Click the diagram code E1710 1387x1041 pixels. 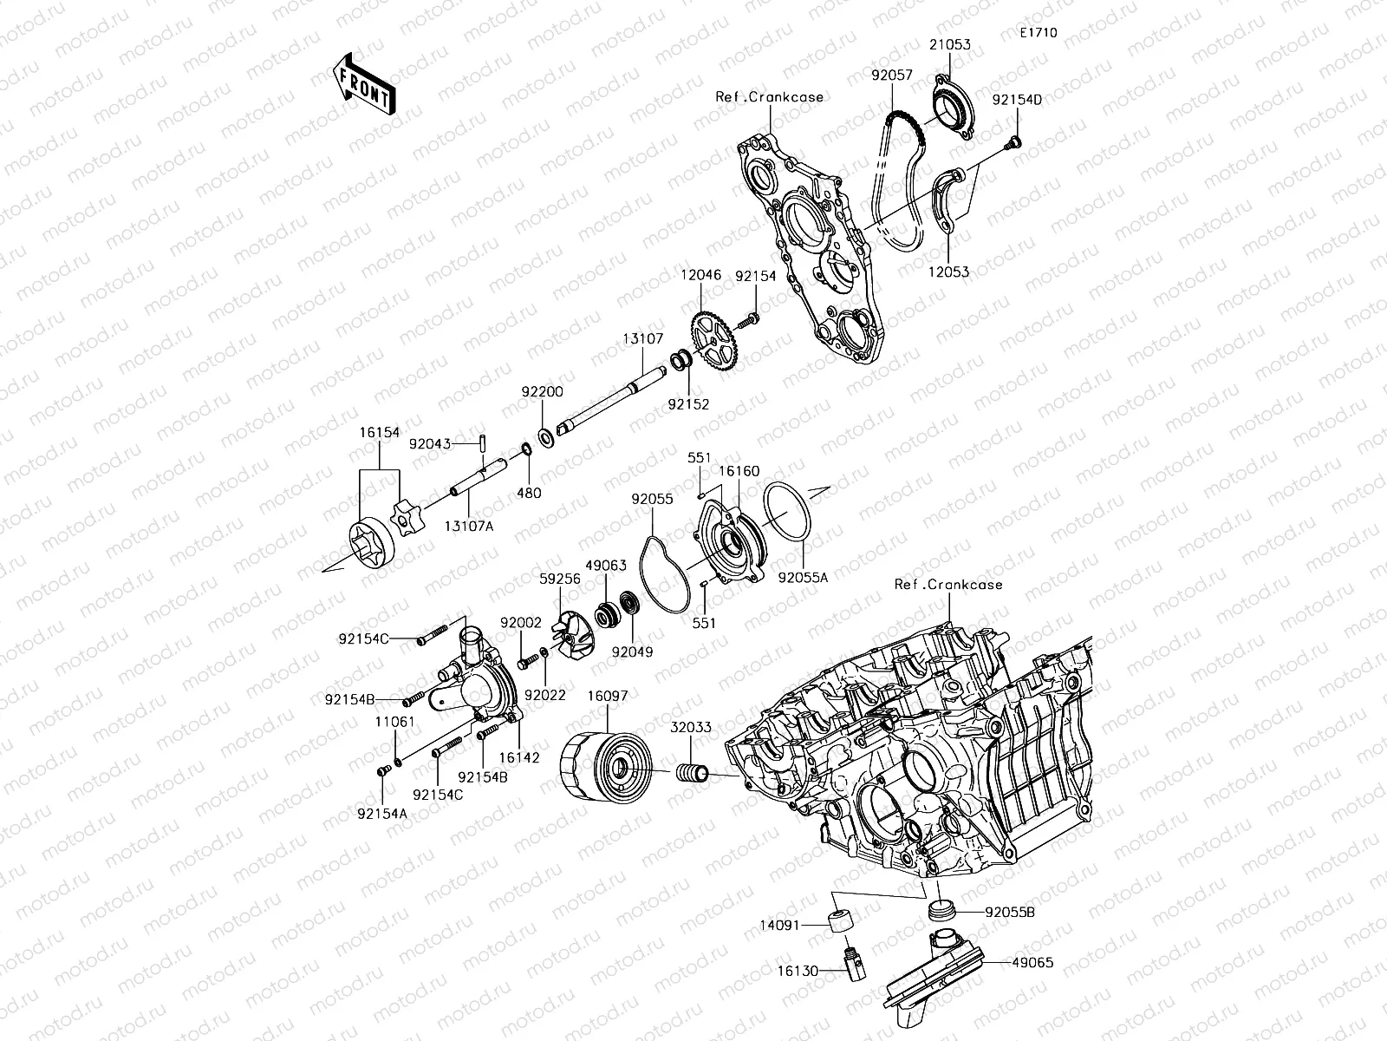pyautogui.click(x=1038, y=33)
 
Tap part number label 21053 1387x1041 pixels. pyautogui.click(x=951, y=44)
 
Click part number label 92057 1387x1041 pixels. pyautogui.click(x=892, y=76)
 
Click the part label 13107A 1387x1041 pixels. pyautogui.click(x=469, y=526)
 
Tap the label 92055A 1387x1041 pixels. pyautogui.click(x=803, y=576)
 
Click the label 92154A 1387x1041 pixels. pyautogui.click(x=382, y=814)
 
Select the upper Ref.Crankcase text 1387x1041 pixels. pyautogui.click(x=769, y=97)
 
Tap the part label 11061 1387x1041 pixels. pyautogui.click(x=395, y=722)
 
